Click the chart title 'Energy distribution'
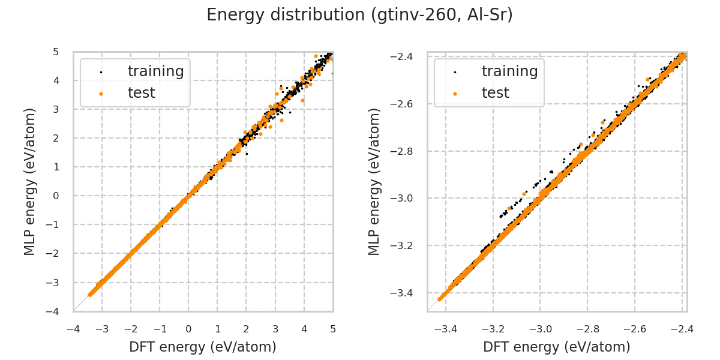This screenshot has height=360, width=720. (359, 15)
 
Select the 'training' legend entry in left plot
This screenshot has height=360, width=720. (155, 71)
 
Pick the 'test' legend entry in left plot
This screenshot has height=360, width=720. (141, 93)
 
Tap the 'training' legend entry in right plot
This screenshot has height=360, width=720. (509, 71)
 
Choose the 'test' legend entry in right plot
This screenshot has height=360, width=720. (495, 93)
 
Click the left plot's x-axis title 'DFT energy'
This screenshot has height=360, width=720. (203, 347)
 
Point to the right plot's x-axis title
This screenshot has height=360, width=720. (557, 347)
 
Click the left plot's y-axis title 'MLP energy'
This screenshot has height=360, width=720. (30, 181)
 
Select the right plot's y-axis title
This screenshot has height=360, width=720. (374, 181)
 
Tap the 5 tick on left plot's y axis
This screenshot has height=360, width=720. (56, 52)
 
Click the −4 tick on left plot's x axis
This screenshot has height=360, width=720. (73, 329)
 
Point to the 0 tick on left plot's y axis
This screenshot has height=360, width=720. (56, 196)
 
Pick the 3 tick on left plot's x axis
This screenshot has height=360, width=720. (275, 329)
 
